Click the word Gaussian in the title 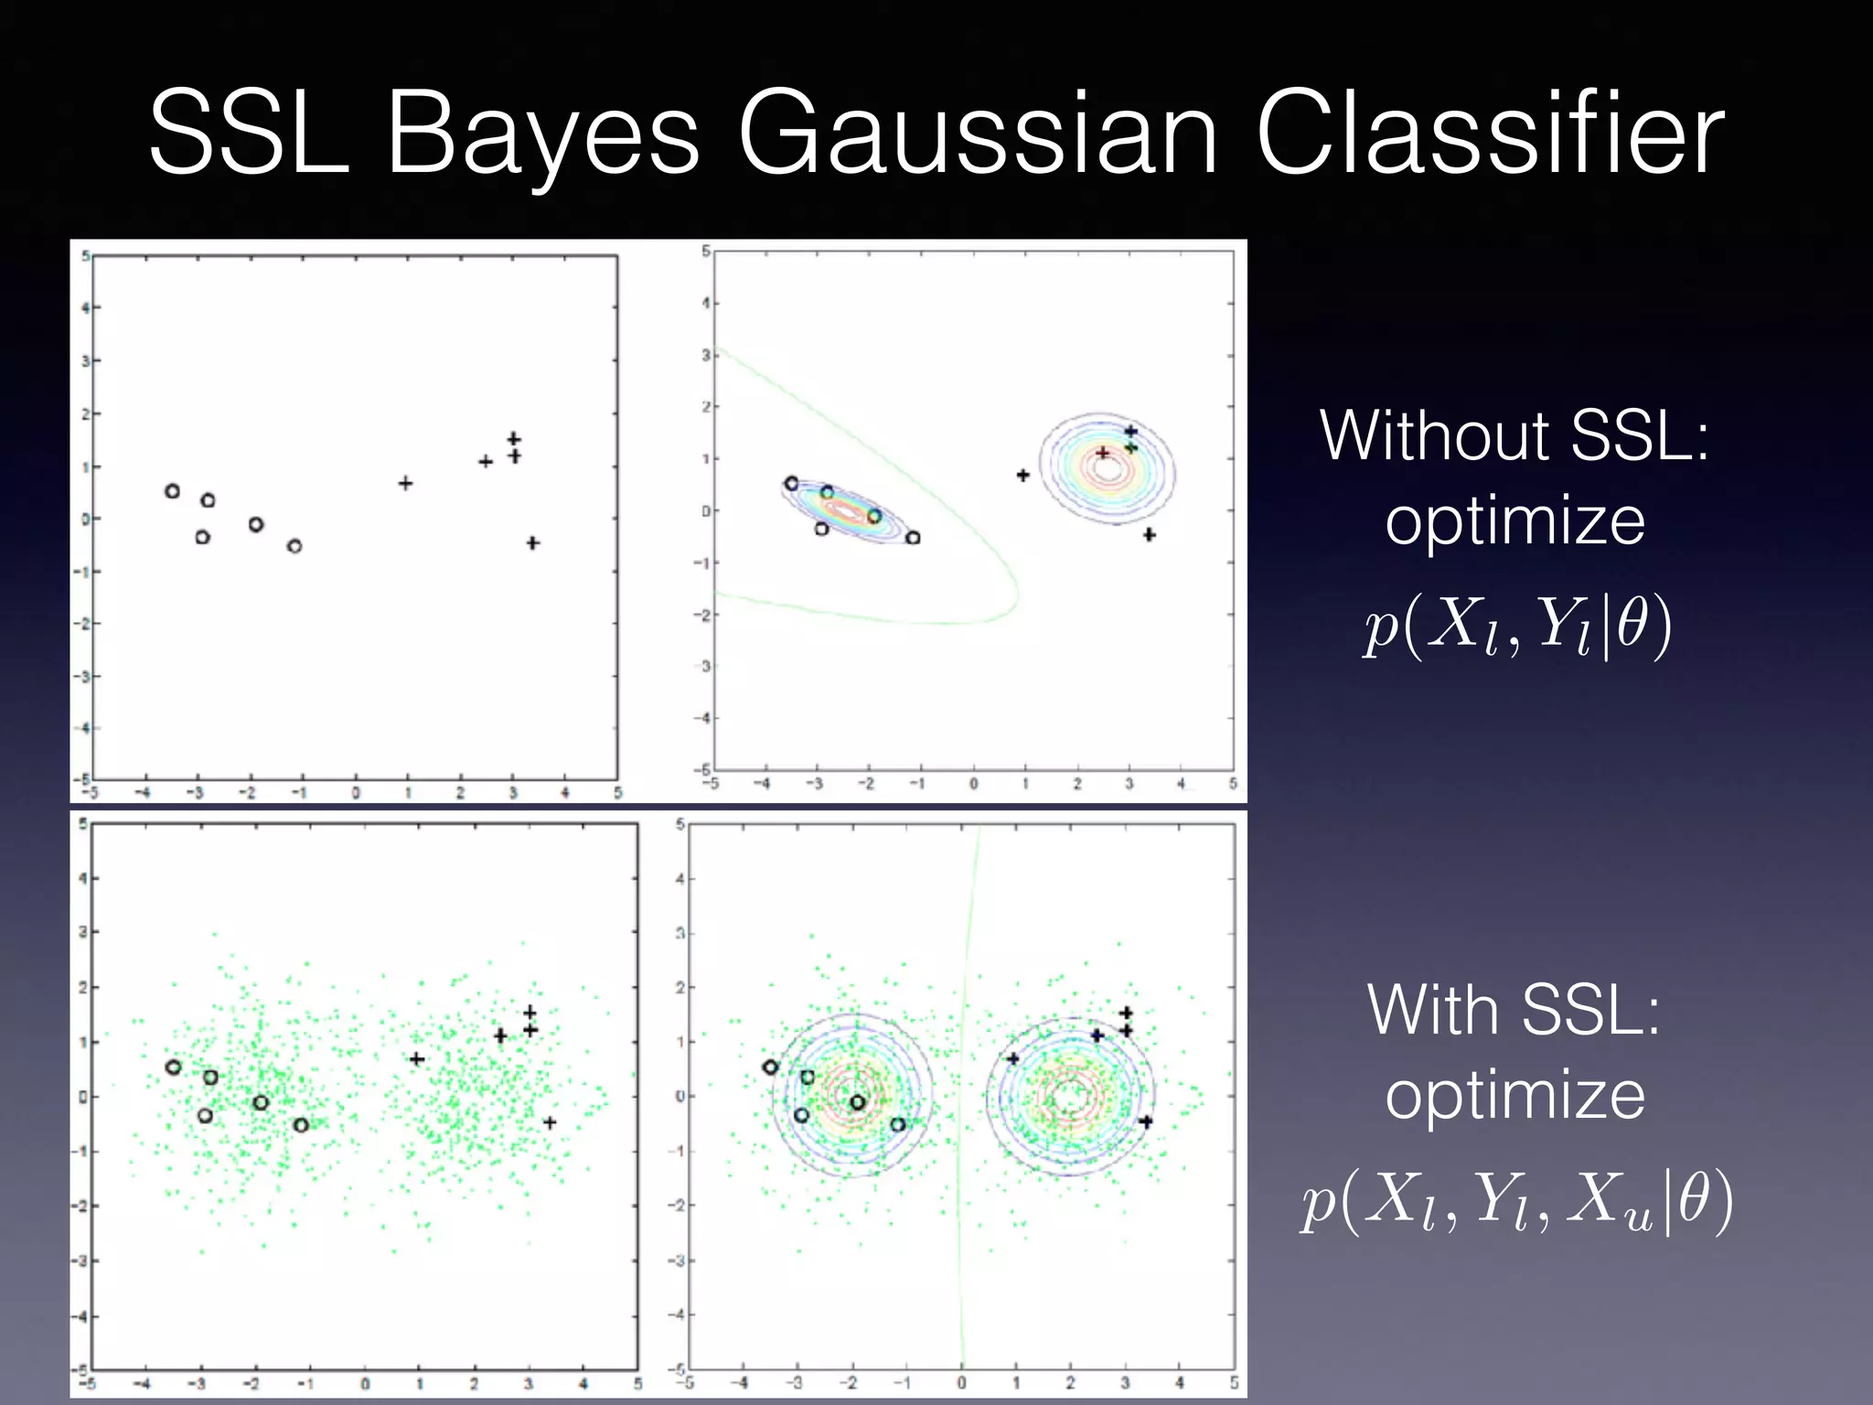[977, 134]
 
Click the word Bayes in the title [543, 134]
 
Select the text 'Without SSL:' [1514, 436]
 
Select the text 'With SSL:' [1514, 1011]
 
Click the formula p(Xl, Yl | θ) [1516, 627]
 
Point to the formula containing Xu [1516, 1200]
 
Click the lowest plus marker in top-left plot [533, 543]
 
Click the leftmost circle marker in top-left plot [172, 491]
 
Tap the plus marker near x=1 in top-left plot [405, 483]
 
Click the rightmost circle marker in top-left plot [294, 546]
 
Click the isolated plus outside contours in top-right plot [1023, 475]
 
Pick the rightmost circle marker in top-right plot [913, 538]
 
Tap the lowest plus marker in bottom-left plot [550, 1122]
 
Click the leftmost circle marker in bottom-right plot [770, 1067]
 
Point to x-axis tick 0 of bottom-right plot [961, 1383]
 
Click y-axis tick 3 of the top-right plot [705, 355]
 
